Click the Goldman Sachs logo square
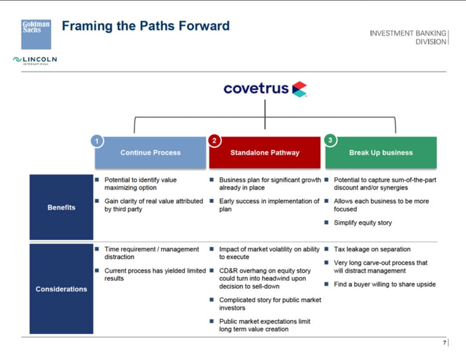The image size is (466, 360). pyautogui.click(x=36, y=34)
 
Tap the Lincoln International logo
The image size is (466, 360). pyautogui.click(x=35, y=60)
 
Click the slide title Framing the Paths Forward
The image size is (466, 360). pyautogui.click(x=146, y=26)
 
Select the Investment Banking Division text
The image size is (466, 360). pyautogui.click(x=408, y=37)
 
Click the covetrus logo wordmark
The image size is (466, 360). pyautogui.click(x=256, y=89)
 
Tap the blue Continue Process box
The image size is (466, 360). pyautogui.click(x=150, y=153)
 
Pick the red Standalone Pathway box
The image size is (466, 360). pyautogui.click(x=265, y=153)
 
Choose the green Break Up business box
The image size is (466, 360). pyautogui.click(x=381, y=153)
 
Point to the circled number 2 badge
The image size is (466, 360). pyautogui.click(x=214, y=141)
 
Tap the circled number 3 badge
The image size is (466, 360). pyautogui.click(x=330, y=141)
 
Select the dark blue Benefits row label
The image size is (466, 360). pyautogui.click(x=61, y=207)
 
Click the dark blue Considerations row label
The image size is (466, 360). pyautogui.click(x=61, y=289)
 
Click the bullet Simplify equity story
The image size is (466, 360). pyautogui.click(x=363, y=222)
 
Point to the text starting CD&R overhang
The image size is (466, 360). pyautogui.click(x=265, y=278)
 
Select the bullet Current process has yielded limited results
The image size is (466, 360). pyautogui.click(x=155, y=274)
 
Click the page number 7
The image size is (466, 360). pyautogui.click(x=444, y=343)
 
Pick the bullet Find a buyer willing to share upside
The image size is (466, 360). pyautogui.click(x=385, y=284)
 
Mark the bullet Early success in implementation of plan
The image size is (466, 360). pyautogui.click(x=269, y=205)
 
